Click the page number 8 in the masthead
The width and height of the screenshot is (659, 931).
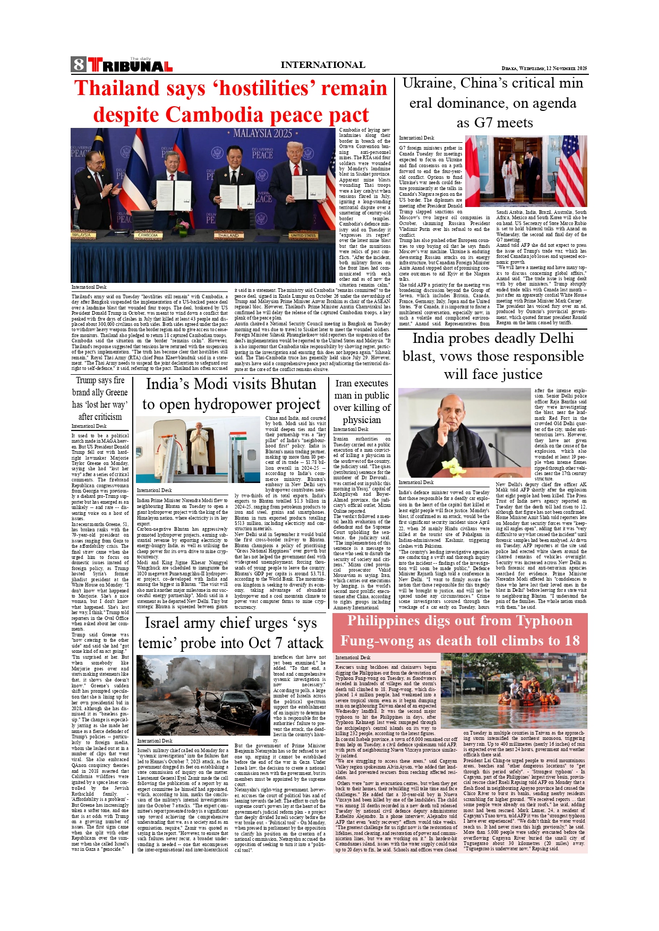coord(78,65)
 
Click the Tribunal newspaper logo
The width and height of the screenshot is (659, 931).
coord(131,65)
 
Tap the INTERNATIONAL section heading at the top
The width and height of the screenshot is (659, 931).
coord(322,65)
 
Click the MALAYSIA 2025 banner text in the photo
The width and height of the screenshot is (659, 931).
coord(262,133)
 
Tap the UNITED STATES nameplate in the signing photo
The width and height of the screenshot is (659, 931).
coord(303,235)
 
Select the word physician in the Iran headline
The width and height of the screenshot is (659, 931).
coord(362,420)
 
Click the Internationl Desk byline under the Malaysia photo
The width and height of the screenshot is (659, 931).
coord(89,287)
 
